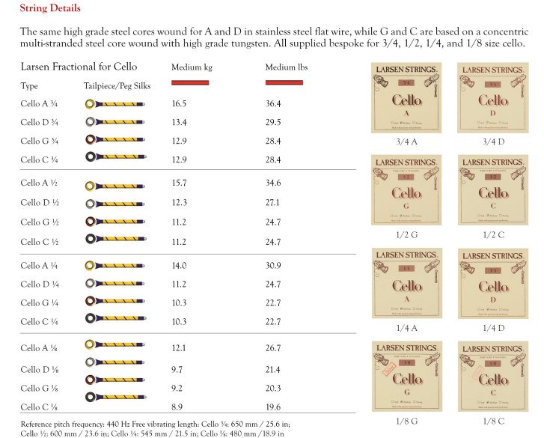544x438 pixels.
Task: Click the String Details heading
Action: (50, 9)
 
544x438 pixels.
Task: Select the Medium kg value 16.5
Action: (179, 103)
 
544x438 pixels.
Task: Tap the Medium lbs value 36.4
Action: (273, 103)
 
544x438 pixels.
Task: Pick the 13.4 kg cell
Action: (179, 122)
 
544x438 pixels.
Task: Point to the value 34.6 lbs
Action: (273, 183)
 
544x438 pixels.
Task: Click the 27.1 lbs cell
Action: (273, 202)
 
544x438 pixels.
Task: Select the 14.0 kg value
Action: (179, 265)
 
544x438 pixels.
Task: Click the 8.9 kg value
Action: (177, 407)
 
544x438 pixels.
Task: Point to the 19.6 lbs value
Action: (273, 407)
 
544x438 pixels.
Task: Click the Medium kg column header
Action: (192, 67)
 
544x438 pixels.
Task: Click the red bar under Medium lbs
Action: (284, 82)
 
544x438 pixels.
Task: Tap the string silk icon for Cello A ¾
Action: (117, 103)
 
